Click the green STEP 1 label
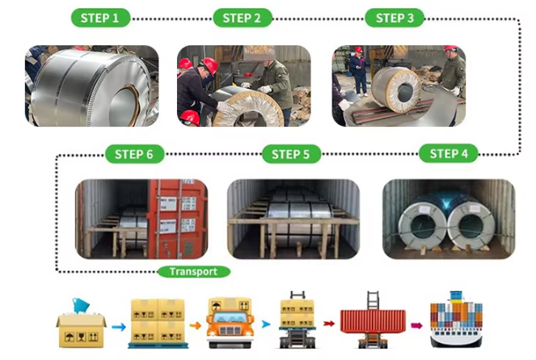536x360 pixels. tap(100, 18)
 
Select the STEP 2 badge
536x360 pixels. tap(243, 18)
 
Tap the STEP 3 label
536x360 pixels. tap(395, 18)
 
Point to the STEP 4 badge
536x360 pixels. tap(449, 154)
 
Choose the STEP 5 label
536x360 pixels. tap(291, 154)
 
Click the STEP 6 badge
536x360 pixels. tap(135, 154)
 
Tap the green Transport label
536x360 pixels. tap(194, 272)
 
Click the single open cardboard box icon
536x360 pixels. tap(82, 324)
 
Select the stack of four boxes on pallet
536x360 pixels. tap(158, 324)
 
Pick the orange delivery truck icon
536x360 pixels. tap(230, 323)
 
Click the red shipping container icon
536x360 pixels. tap(373, 321)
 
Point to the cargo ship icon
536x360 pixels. tap(456, 320)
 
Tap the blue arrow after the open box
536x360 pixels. tap(118, 327)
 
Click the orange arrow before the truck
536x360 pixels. tap(195, 325)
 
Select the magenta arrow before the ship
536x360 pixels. tap(416, 325)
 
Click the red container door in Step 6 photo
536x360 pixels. tap(178, 219)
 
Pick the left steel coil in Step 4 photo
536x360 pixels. tap(423, 225)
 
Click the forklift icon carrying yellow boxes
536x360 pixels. tap(298, 320)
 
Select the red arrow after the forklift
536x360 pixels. tap(328, 324)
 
